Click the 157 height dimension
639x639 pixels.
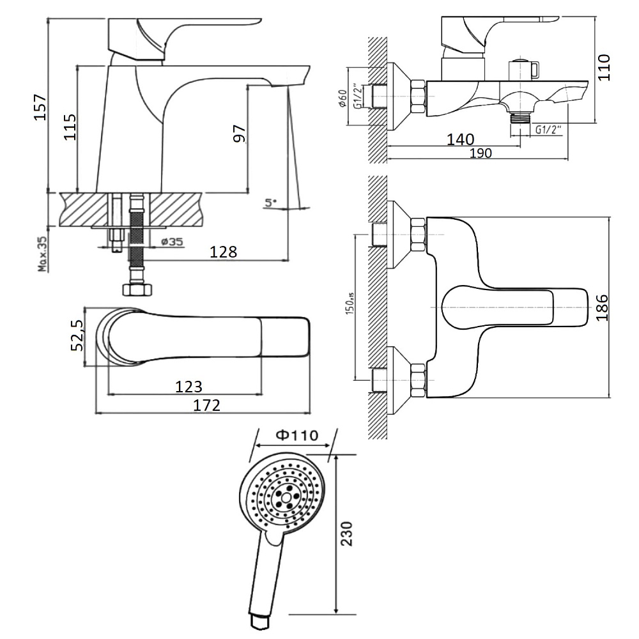(40, 107)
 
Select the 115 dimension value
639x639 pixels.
(70, 127)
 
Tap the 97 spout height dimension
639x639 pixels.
(239, 134)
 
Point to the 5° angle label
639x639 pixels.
(270, 202)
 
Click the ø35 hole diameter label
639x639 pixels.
(172, 242)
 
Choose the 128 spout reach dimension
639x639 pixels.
(223, 252)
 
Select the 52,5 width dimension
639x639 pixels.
(77, 335)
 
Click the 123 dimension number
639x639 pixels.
(189, 386)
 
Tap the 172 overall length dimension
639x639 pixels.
(206, 405)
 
